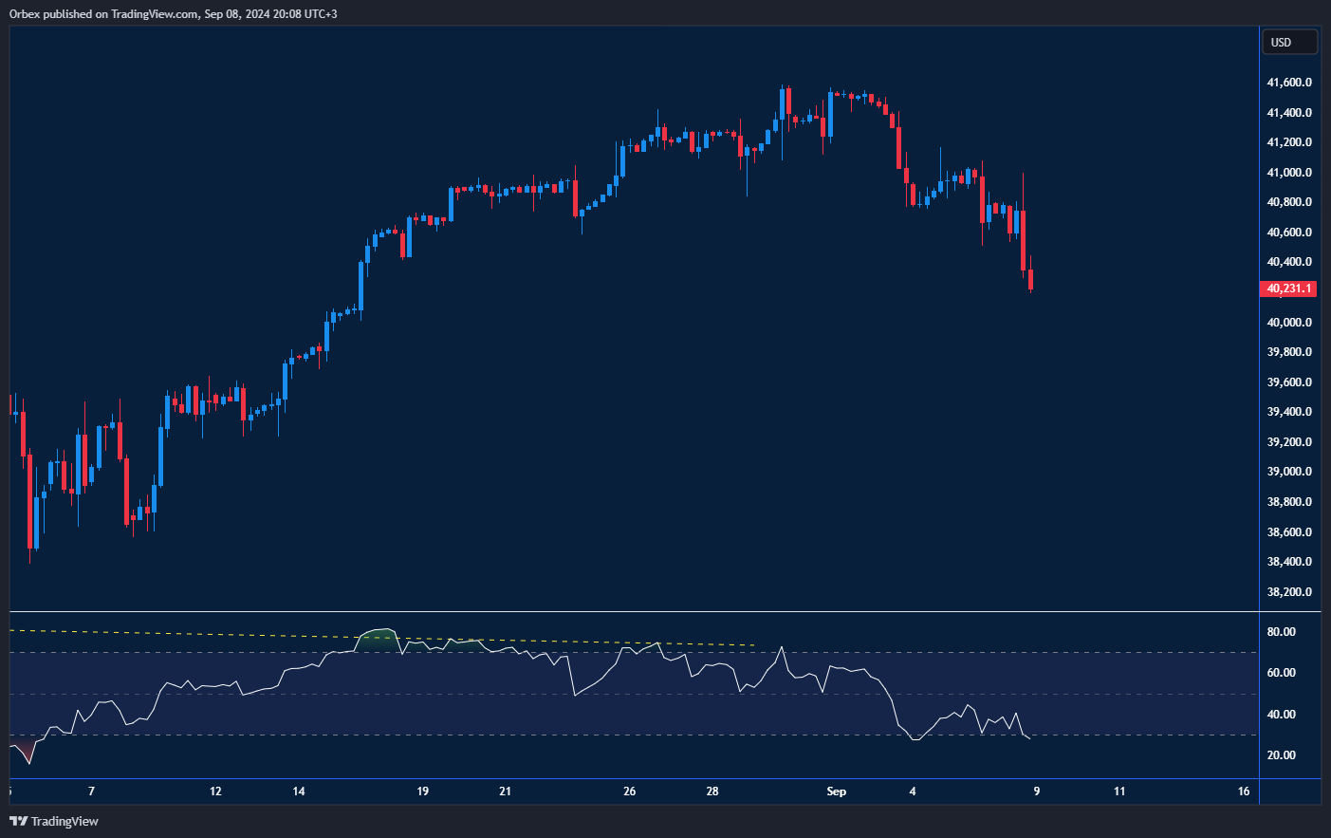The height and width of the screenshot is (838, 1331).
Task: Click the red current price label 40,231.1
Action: (x=1287, y=289)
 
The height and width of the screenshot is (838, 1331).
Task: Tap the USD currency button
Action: (x=1288, y=43)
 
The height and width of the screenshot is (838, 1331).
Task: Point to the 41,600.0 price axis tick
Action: (x=1289, y=83)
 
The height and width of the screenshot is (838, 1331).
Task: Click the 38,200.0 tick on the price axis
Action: (x=1289, y=592)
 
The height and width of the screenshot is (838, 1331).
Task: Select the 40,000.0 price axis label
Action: (x=1289, y=323)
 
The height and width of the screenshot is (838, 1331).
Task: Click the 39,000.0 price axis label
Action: (x=1289, y=472)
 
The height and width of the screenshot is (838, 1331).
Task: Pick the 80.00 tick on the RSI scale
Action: (x=1281, y=632)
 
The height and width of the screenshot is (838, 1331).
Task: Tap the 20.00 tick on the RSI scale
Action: (x=1281, y=755)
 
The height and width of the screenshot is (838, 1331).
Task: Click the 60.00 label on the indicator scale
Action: (x=1281, y=673)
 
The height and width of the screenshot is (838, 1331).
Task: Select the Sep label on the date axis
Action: (x=836, y=791)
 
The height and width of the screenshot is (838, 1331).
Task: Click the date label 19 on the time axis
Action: (x=422, y=791)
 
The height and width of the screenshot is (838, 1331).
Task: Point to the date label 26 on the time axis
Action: (x=629, y=791)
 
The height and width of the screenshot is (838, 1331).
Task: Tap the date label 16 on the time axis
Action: (x=1244, y=791)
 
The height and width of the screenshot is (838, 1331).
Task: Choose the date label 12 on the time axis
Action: (x=215, y=791)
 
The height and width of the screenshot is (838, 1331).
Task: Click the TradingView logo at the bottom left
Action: (x=54, y=821)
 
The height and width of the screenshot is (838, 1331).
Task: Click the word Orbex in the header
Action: (x=25, y=14)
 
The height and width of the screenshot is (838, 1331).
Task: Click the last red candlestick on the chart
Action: (x=1030, y=280)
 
